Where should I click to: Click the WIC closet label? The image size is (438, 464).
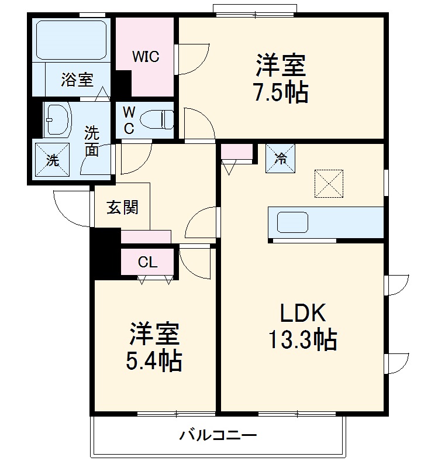tap(146, 57)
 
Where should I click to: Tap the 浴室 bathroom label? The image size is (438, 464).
tap(77, 80)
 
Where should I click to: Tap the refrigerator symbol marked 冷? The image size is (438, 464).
tap(281, 158)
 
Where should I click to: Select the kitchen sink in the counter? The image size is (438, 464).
tap(292, 222)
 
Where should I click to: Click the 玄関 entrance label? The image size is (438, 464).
tap(123, 207)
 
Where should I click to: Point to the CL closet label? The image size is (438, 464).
tap(147, 262)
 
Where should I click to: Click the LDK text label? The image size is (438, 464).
tap(302, 314)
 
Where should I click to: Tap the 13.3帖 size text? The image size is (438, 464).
tap(302, 339)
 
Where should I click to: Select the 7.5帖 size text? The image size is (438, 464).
tap(281, 92)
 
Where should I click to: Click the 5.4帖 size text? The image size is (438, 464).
tap(154, 361)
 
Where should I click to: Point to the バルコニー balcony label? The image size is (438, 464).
tap(218, 435)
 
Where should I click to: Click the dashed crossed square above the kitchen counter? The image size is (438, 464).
tap(329, 184)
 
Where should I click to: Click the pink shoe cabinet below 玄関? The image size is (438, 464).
tap(146, 236)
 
